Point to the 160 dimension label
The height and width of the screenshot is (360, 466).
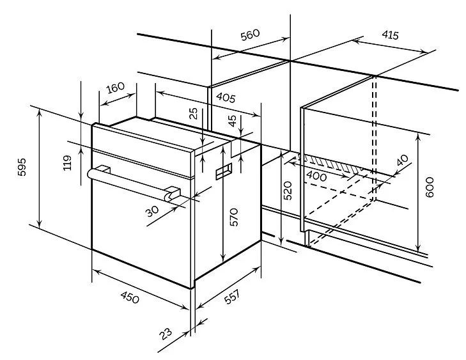point(115,87)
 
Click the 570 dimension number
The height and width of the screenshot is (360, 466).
point(234,217)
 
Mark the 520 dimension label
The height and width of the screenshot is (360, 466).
point(288,191)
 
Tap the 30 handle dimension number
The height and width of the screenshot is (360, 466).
point(152,211)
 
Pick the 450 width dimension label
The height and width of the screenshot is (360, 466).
point(130,297)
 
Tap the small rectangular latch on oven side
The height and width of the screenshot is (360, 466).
point(224,172)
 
